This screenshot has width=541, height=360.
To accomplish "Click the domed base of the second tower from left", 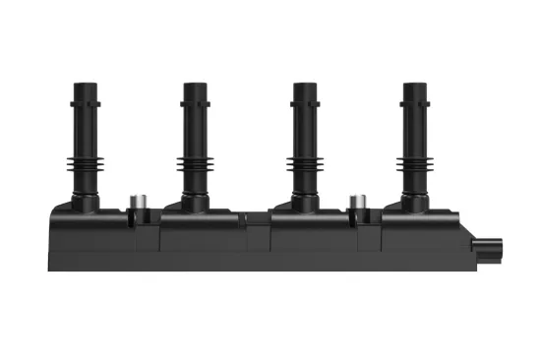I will pyautogui.click(x=193, y=202).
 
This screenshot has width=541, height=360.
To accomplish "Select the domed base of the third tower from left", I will pyautogui.click(x=303, y=202).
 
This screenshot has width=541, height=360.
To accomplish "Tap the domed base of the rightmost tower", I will pyautogui.click(x=413, y=202).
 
